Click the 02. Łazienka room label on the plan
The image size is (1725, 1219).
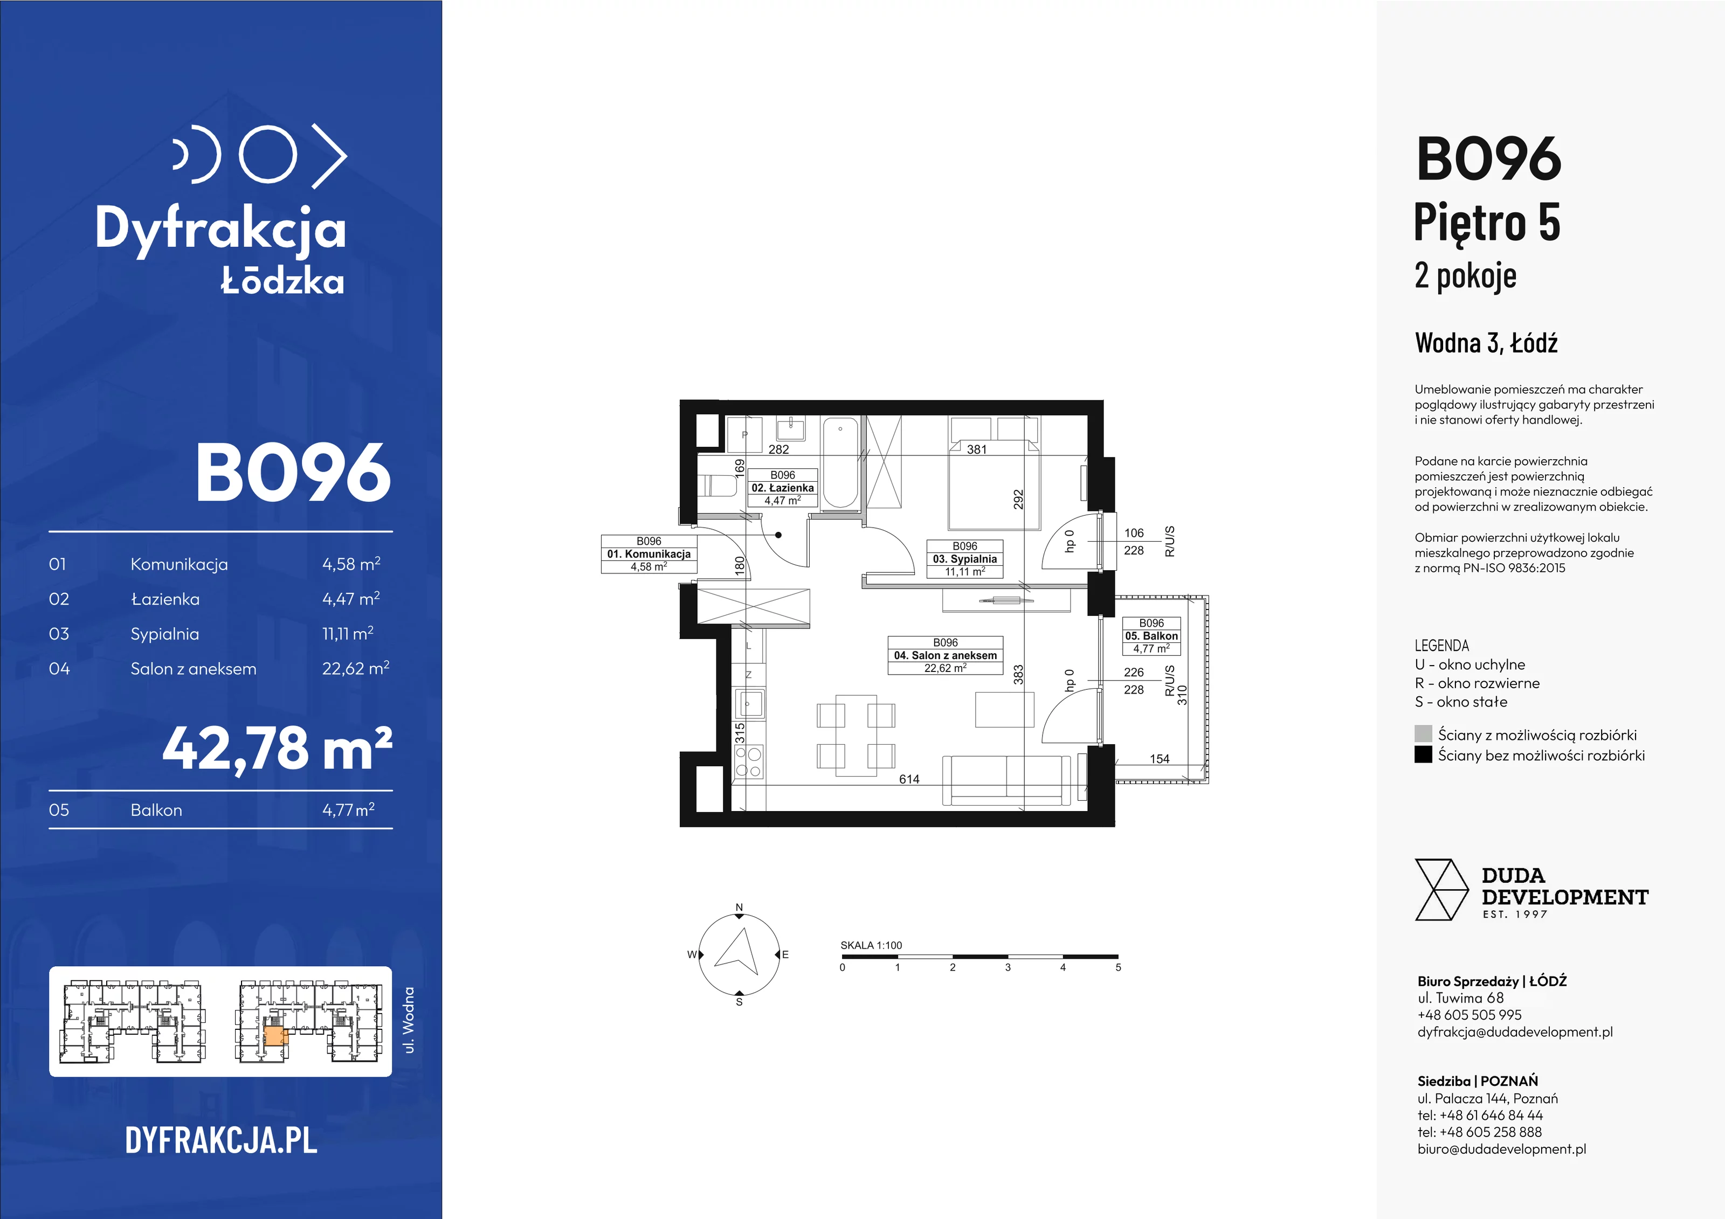click(782, 488)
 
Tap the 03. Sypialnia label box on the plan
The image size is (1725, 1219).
click(965, 559)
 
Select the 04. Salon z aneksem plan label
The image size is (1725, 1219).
click(945, 655)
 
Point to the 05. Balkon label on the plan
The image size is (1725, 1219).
click(1151, 635)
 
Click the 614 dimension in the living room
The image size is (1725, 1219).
click(909, 779)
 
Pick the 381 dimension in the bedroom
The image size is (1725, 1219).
click(977, 449)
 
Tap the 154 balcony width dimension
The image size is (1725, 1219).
click(1160, 759)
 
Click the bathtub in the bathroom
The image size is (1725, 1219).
click(840, 463)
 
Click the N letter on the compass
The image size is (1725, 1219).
click(739, 908)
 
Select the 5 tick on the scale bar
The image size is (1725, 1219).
click(1118, 967)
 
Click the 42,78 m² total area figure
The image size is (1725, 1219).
click(277, 749)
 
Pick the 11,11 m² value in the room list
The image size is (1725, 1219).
click(348, 633)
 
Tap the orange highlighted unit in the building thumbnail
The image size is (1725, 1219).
click(275, 1037)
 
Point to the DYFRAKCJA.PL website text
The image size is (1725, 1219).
click(222, 1141)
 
